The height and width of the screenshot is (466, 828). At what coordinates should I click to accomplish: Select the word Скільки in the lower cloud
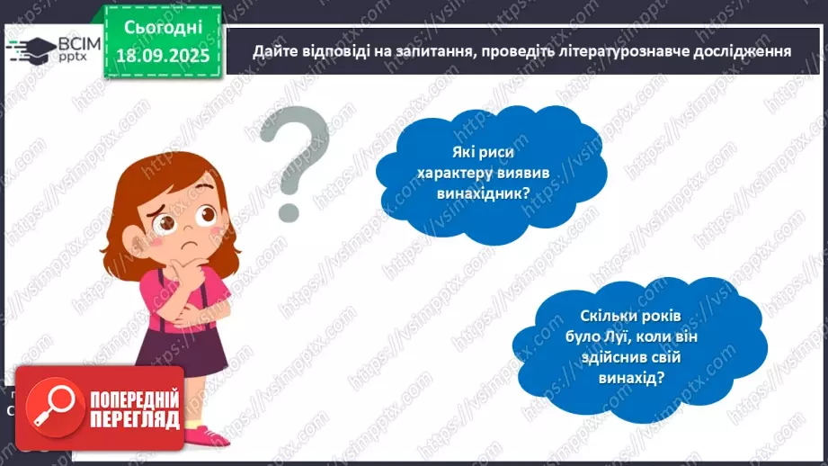pyautogui.click(x=605, y=317)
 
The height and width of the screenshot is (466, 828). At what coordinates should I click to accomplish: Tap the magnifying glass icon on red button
pyautogui.click(x=50, y=408)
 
